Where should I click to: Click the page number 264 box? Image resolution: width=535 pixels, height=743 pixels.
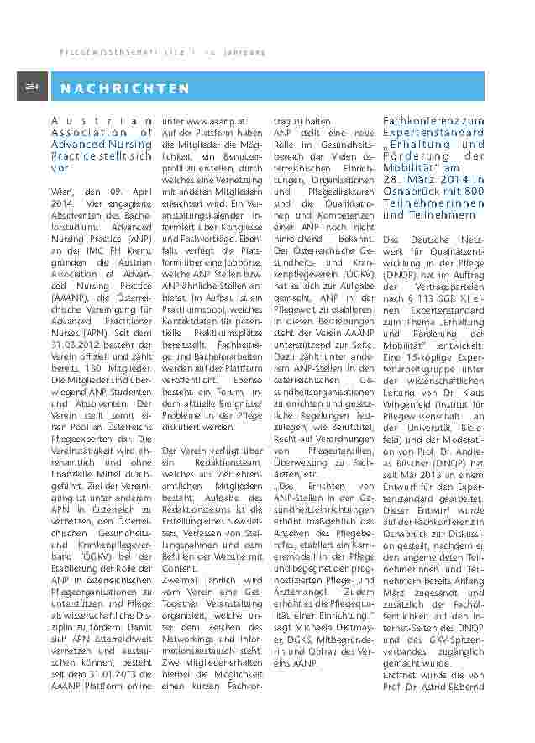click(x=33, y=87)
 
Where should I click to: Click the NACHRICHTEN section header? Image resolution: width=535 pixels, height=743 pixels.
click(x=125, y=88)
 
